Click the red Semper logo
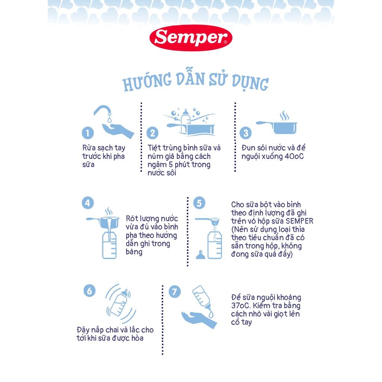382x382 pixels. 191,38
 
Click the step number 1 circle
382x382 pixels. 88,133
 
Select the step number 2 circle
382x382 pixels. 153,133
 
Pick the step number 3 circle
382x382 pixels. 245,133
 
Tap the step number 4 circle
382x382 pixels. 88,203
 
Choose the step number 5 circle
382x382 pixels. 199,203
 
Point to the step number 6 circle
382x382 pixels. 90,291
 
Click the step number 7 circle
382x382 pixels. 175,292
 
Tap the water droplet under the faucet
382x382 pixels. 109,120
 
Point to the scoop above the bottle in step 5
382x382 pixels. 207,221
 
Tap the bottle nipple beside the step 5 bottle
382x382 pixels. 200,255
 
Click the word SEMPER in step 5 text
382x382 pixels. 300,221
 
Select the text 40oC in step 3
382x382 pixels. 294,156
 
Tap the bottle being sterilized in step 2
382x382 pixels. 186,120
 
